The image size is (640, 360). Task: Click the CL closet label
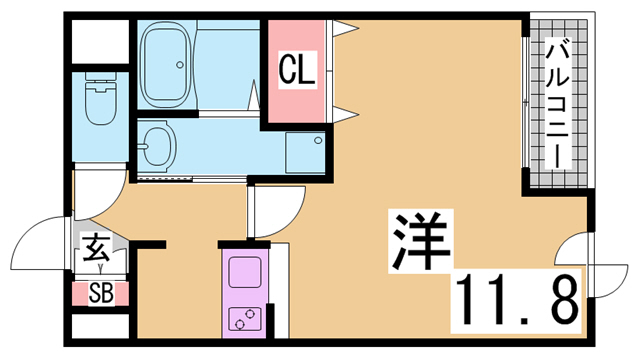[298, 69]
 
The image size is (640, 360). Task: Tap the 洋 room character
[421, 241]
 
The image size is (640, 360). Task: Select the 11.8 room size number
[517, 301]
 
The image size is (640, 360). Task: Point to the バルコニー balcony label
[558, 103]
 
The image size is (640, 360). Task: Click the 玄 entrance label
[96, 247]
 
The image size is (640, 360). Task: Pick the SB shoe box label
[101, 293]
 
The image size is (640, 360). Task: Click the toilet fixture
[100, 99]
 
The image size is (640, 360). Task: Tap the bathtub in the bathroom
[164, 64]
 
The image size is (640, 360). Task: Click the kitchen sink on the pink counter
[244, 272]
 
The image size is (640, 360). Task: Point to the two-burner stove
[244, 319]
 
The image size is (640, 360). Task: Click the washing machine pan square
[305, 152]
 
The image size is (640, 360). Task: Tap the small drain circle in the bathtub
[180, 64]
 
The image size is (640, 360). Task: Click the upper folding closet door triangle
[345, 29]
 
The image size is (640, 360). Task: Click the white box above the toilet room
[100, 42]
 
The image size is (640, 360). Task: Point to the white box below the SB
[100, 326]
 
